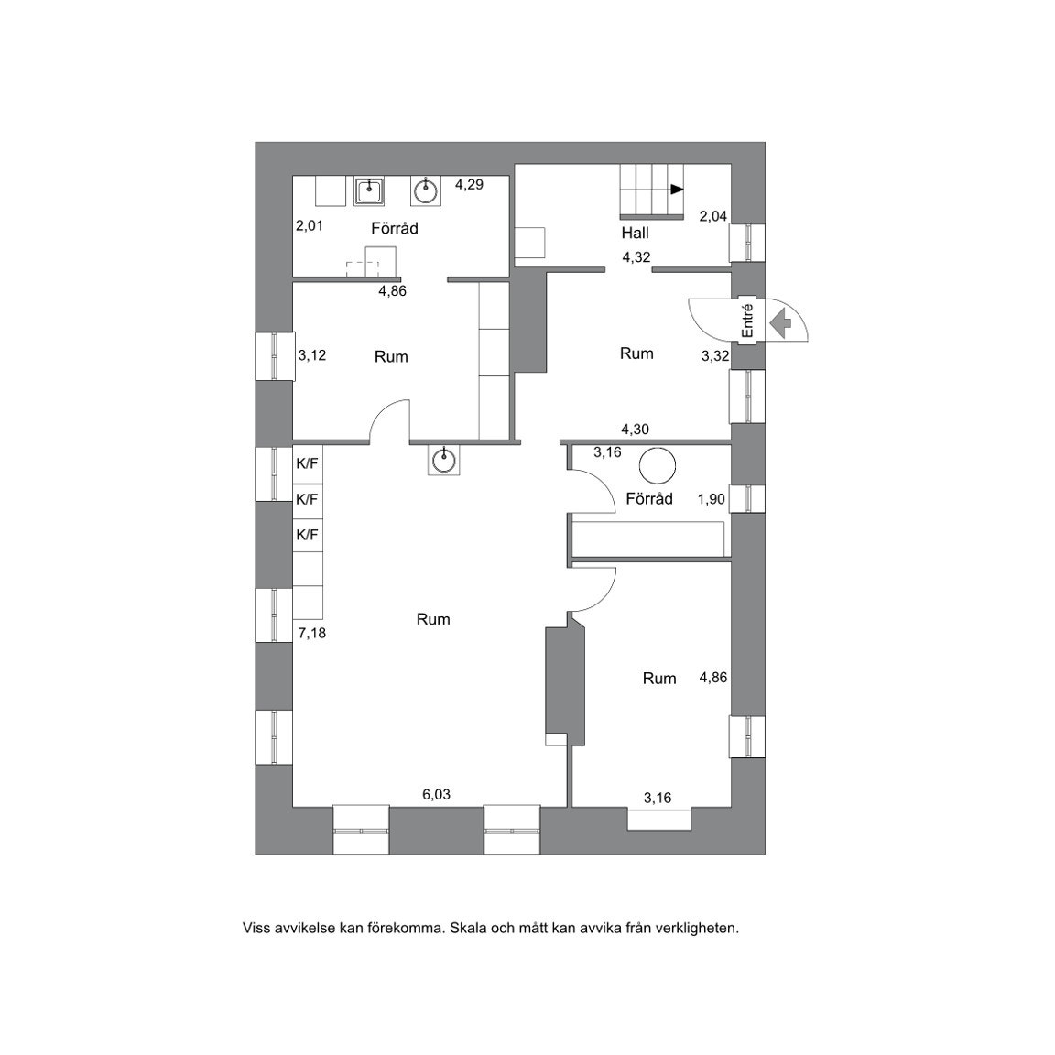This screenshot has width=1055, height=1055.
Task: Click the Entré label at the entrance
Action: coord(748,321)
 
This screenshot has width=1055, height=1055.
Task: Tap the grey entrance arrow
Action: coord(781,322)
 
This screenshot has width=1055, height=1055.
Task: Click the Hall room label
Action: coord(635,233)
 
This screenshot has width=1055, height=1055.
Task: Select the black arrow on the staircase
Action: coord(677,190)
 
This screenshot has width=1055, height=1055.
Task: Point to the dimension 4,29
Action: coord(469,184)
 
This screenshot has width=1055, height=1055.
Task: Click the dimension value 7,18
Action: coord(311,633)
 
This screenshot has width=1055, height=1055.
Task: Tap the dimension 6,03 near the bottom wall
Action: coord(436,795)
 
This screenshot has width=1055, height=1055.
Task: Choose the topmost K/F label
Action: coord(307,463)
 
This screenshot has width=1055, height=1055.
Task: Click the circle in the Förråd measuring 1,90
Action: coord(658,465)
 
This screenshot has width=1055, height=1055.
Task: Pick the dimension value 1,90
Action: coord(711,499)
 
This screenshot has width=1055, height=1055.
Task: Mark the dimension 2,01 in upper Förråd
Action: coord(310,225)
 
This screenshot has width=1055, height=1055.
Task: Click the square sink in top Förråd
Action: coord(370,191)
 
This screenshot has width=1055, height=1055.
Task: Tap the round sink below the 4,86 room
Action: coord(445,460)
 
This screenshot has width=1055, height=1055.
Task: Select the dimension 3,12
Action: coord(312,355)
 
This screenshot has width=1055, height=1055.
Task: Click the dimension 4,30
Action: coord(636,429)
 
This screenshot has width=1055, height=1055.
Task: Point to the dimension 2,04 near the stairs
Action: coord(713,216)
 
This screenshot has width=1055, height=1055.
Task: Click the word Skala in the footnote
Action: coord(468,928)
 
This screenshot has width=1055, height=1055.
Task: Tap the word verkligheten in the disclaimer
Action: coord(696,928)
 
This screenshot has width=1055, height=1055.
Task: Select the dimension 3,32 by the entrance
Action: coord(715,356)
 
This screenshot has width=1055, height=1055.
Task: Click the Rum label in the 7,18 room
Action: coord(433,619)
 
